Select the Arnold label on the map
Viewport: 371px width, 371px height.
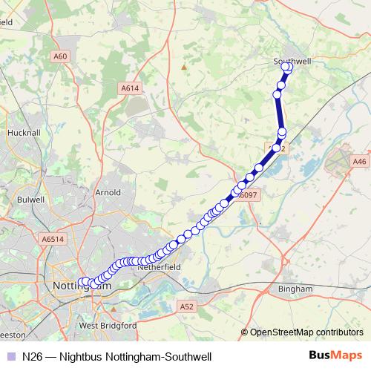(108, 192)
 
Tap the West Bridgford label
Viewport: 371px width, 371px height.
(108, 326)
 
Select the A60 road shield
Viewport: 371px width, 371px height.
(60, 56)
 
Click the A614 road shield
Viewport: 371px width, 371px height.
(131, 88)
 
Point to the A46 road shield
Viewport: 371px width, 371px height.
(361, 161)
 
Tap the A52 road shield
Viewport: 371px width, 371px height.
(186, 306)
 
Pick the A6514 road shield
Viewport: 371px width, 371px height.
(53, 240)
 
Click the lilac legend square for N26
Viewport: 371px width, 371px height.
(10, 356)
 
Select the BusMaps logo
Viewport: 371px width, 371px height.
(336, 355)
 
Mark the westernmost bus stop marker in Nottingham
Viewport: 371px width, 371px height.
(82, 282)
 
